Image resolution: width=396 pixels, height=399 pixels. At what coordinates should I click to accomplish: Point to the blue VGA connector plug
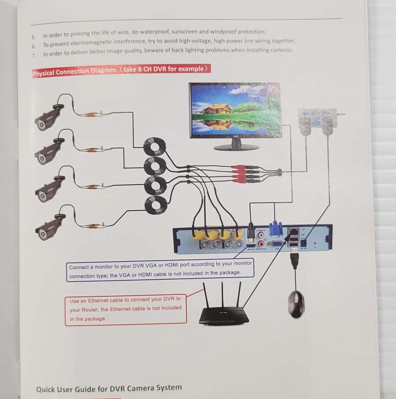click(275, 229)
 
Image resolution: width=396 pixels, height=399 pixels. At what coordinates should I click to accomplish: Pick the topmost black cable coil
click(154, 146)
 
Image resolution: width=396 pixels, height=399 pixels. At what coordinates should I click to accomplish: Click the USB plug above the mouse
click(294, 259)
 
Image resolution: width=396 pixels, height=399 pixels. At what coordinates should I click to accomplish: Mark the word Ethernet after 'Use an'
click(99, 300)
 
